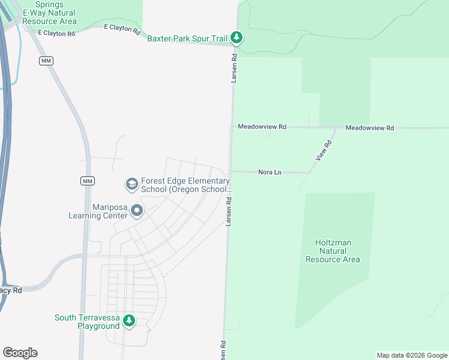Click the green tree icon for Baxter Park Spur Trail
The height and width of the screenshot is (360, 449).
(x=237, y=38)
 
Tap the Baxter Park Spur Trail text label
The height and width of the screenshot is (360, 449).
(x=187, y=38)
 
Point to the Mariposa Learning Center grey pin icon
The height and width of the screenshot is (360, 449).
(x=137, y=211)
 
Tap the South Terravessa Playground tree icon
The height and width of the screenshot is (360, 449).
(x=128, y=322)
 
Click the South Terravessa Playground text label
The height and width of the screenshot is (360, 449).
(x=87, y=322)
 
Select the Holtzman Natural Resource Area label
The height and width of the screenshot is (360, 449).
(x=333, y=251)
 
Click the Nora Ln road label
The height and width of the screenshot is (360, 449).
(x=270, y=172)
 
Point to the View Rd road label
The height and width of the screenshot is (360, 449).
(x=324, y=150)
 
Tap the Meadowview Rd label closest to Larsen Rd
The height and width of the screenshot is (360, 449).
(x=262, y=127)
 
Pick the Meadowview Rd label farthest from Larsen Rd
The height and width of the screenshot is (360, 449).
(x=370, y=128)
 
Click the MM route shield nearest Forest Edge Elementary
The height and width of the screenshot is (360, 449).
(x=88, y=181)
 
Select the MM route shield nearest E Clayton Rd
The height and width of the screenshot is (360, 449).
(x=46, y=61)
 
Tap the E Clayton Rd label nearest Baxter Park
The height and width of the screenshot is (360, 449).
(x=122, y=28)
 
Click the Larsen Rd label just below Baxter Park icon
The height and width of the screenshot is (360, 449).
(x=235, y=67)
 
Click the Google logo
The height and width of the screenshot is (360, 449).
(x=20, y=353)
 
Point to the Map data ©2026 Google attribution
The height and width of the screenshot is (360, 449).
(x=412, y=355)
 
